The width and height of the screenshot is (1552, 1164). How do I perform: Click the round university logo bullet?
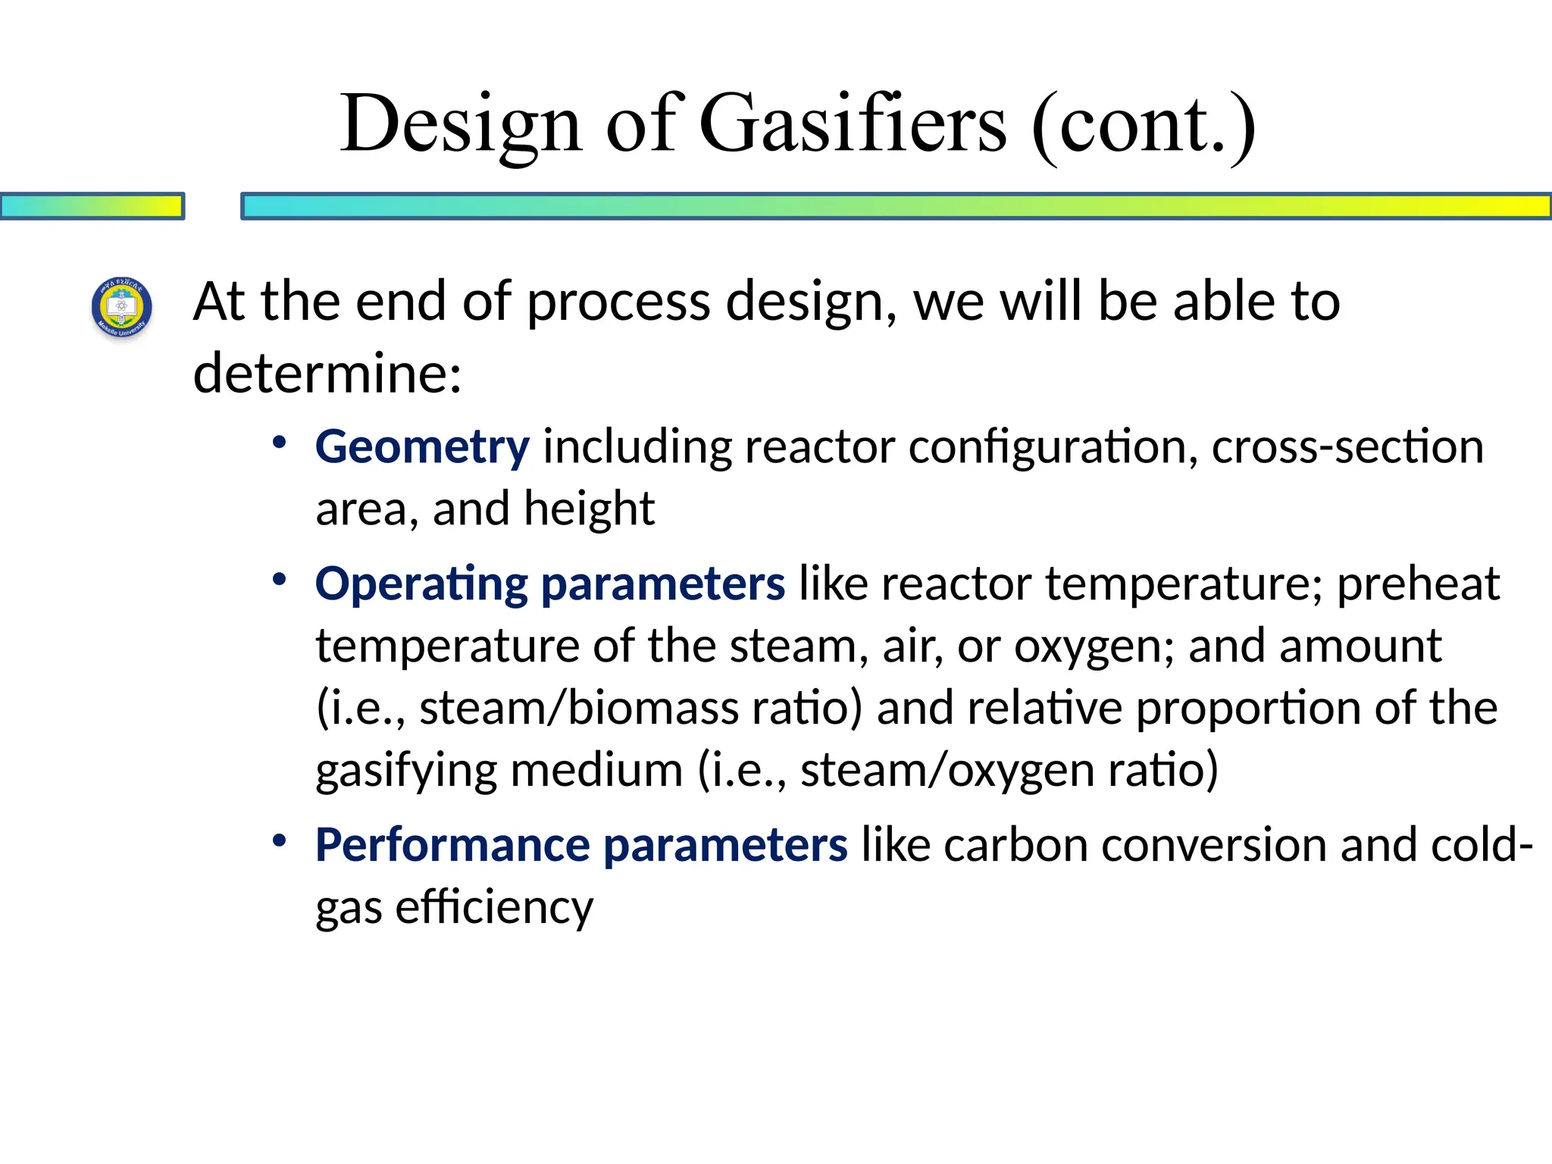[122, 307]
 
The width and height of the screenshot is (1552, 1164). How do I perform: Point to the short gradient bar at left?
[92, 206]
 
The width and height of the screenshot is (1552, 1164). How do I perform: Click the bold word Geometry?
[422, 446]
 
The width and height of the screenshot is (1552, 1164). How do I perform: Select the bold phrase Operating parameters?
[550, 584]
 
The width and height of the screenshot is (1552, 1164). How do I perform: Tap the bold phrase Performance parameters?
[581, 845]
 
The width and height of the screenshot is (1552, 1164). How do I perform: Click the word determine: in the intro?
[327, 373]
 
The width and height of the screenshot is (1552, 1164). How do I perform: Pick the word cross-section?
[1347, 446]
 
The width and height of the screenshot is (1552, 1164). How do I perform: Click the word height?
[589, 508]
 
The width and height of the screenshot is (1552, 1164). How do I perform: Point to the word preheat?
[1417, 584]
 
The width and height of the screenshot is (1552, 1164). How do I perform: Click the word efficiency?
[494, 907]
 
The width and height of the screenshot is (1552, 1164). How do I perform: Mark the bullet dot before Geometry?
[280, 442]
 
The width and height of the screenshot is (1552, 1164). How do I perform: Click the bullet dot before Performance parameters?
[280, 840]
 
